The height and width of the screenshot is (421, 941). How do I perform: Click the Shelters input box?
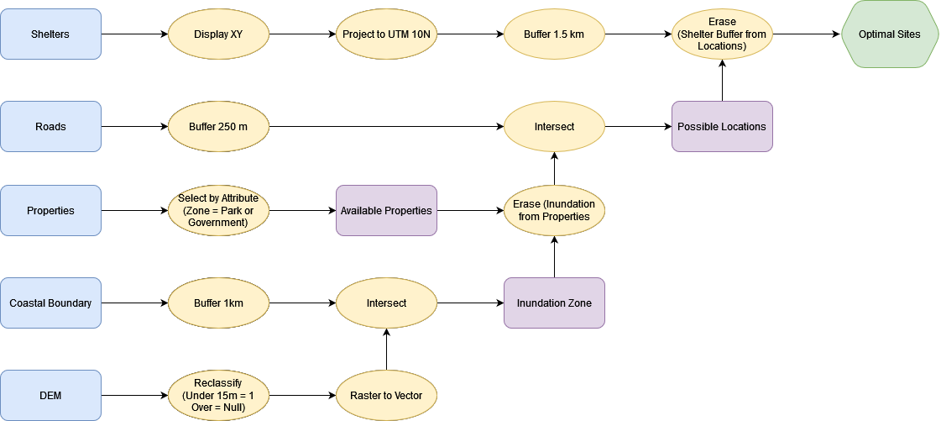click(50, 34)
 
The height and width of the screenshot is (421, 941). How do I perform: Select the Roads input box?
click(50, 127)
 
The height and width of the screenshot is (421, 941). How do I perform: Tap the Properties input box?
click(50, 211)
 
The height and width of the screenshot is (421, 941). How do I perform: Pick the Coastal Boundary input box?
click(50, 303)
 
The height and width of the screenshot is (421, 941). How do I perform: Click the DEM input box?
click(50, 396)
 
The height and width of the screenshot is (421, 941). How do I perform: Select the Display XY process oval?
click(218, 34)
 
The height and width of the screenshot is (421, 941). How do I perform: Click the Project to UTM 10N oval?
click(386, 34)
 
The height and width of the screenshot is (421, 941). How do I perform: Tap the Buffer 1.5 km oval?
click(554, 34)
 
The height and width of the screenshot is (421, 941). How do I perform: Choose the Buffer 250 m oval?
click(218, 127)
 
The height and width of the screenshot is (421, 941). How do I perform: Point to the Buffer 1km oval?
click(218, 303)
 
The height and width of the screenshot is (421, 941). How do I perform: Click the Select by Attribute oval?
click(218, 211)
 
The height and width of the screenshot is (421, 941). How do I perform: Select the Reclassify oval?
click(218, 396)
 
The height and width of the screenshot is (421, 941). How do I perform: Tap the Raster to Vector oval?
click(386, 396)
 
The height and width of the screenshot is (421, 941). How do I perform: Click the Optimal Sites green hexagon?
click(889, 34)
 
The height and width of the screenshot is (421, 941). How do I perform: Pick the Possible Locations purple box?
click(722, 127)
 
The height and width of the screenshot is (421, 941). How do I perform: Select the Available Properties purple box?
click(386, 211)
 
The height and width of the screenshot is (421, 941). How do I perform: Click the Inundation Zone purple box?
click(554, 303)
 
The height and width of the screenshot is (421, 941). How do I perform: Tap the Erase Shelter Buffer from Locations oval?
click(722, 34)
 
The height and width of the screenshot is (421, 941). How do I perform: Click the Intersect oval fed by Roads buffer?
click(554, 127)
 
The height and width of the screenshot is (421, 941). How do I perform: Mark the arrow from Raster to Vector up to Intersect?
click(386, 350)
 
